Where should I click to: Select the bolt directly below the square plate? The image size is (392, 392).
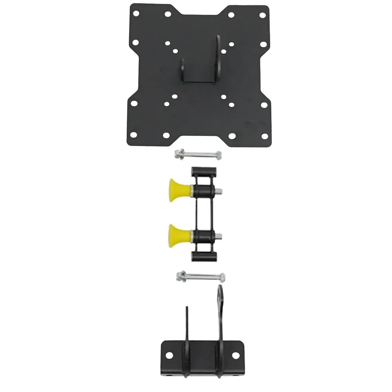tap(198, 154)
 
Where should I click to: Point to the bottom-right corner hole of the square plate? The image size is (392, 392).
tap(264, 136)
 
